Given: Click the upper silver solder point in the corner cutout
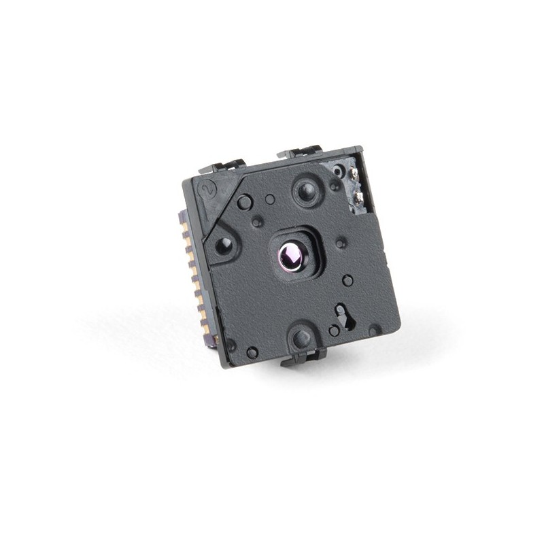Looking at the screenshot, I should pyautogui.click(x=354, y=174).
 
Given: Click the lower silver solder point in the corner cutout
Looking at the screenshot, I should pyautogui.click(x=358, y=198).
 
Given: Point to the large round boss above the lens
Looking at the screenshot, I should pyautogui.click(x=306, y=191).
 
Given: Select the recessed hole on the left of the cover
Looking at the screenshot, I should pyautogui.click(x=224, y=246).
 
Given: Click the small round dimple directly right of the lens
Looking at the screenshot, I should pyautogui.click(x=341, y=242).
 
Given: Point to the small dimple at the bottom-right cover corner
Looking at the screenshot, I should pyautogui.click(x=373, y=330).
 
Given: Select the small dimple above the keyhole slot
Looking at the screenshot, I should pyautogui.click(x=347, y=280).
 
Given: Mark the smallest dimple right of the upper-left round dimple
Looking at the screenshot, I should pyautogui.click(x=270, y=199).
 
